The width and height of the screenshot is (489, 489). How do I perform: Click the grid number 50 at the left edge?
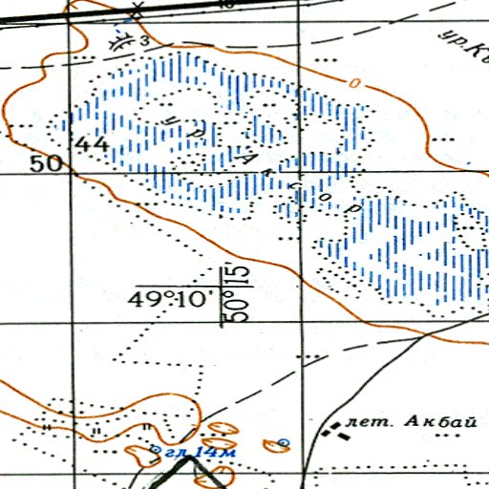click(x=44, y=163)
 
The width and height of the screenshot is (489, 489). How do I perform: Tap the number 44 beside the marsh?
click(x=94, y=144)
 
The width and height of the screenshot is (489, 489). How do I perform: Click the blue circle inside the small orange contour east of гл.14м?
click(x=283, y=442)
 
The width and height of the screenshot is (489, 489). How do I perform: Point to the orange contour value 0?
click(x=355, y=85)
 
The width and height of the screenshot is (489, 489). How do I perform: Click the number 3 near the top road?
click(x=144, y=42)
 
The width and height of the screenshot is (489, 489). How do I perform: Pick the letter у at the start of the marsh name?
click(x=168, y=120)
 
